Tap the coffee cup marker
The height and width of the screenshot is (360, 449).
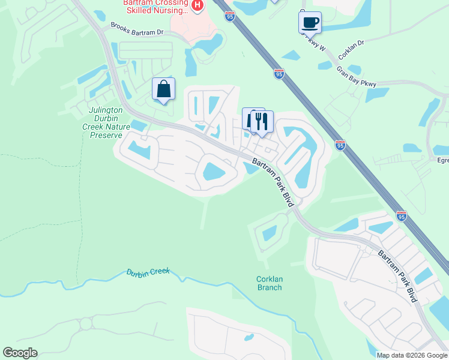[x=310, y=23]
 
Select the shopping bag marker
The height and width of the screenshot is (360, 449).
[x=163, y=89]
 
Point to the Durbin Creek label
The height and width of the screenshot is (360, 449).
[x=148, y=272]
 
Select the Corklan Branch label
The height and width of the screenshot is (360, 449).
[x=269, y=283]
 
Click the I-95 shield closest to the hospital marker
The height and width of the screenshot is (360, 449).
[x=230, y=17]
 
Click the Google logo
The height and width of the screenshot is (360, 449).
[x=20, y=353]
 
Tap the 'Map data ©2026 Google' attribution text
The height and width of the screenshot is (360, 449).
[x=411, y=355]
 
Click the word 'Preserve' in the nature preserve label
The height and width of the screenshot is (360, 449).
[x=106, y=127]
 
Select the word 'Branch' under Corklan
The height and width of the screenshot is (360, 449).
[x=269, y=287]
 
